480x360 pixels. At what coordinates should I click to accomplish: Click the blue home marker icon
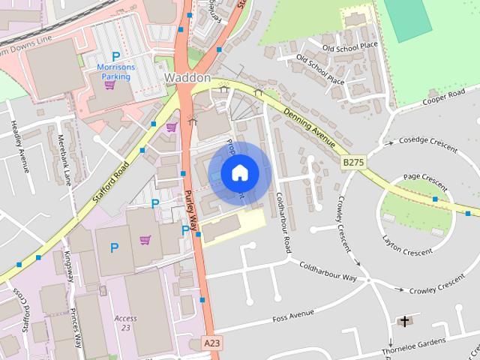(x=239, y=173)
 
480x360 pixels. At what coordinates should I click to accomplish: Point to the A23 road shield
(x=213, y=343)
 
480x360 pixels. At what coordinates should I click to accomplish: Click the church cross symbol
(x=405, y=322)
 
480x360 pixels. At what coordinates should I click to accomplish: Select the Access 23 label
(x=126, y=322)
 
